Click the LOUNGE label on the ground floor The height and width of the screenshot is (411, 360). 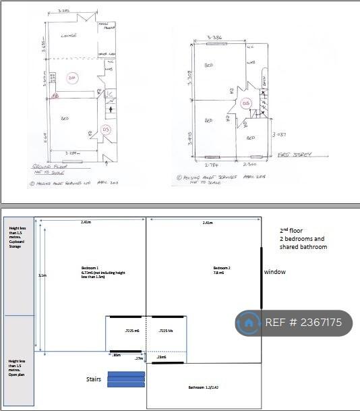pos(67,35)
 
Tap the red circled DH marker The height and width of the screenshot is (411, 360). pos(73,78)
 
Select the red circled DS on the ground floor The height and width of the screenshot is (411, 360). pos(105,129)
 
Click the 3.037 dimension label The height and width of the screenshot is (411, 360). pos(280,135)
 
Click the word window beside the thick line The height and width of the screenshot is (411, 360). pos(274,272)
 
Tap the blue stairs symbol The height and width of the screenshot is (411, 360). pos(126,380)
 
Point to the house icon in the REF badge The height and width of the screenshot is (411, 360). pos(249,323)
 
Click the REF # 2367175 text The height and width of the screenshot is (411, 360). pos(303,323)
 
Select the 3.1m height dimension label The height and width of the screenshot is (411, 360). pos(41,275)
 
